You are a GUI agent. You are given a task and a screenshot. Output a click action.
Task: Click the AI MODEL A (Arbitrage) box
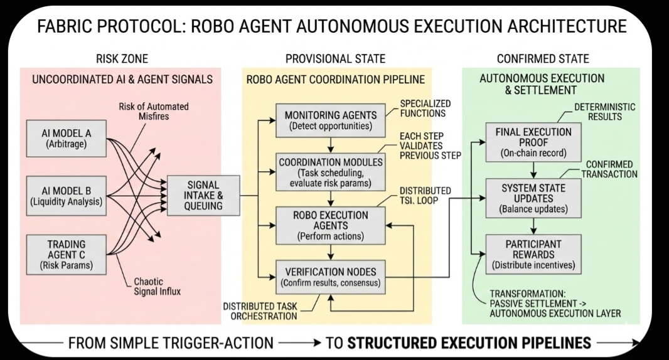pyautogui.click(x=67, y=138)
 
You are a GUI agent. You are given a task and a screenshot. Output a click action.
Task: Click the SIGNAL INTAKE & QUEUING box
pyautogui.click(x=203, y=195)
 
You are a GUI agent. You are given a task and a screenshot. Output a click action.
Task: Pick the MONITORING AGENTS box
pyautogui.click(x=330, y=120)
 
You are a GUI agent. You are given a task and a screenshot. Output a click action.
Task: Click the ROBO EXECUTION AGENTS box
pyautogui.click(x=330, y=225)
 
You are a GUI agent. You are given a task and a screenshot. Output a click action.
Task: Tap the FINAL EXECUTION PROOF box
pyautogui.click(x=533, y=142)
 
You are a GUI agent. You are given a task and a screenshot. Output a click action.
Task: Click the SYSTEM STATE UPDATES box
pyautogui.click(x=533, y=198)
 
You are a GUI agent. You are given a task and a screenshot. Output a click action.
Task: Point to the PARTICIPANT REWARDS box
pyautogui.click(x=533, y=254)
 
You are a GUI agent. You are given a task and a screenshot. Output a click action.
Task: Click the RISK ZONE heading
pyautogui.click(x=122, y=59)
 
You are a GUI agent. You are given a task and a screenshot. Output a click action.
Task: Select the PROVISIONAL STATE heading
pyautogui.click(x=335, y=59)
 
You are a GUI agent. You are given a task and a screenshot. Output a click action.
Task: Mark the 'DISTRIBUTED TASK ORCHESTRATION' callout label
pyautogui.click(x=260, y=311)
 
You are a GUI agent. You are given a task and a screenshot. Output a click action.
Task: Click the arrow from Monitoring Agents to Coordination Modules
pyautogui.click(x=330, y=144)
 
